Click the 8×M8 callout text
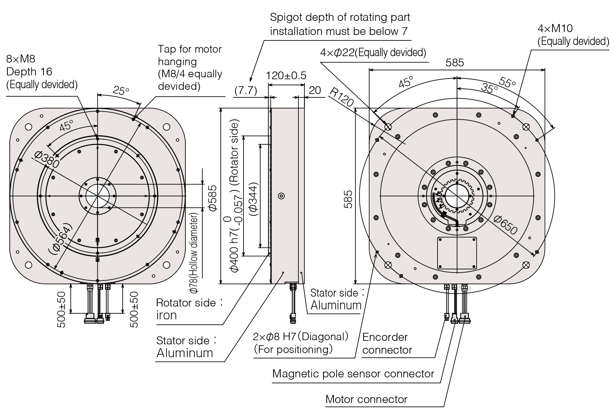click(21, 59)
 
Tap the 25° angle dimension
click(121, 91)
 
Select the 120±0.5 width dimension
click(286, 76)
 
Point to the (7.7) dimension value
click(246, 91)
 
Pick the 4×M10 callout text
click(555, 29)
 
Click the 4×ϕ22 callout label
click(373, 53)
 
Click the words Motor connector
click(366, 399)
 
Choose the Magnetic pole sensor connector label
click(353, 374)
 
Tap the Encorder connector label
click(387, 343)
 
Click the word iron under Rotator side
click(167, 315)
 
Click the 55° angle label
click(507, 82)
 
